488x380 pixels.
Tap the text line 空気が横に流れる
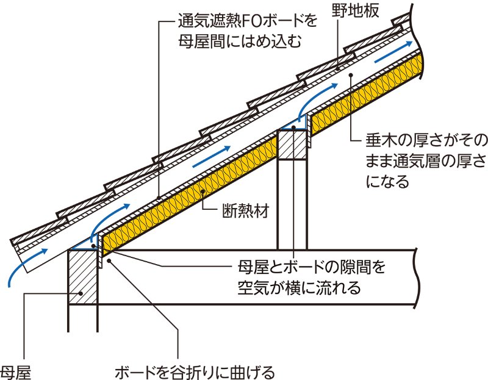click(x=298, y=287)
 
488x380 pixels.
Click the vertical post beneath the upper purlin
click(x=293, y=201)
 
